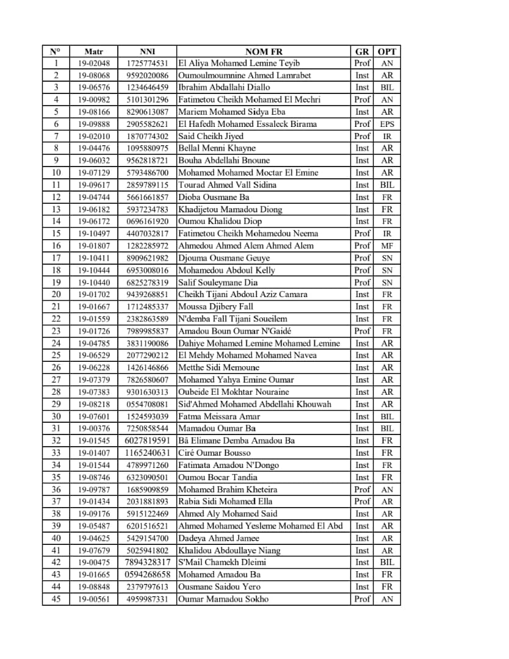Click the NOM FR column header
point(264,51)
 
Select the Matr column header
point(93,51)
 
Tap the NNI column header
point(147,51)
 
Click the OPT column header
point(387,51)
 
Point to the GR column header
point(362,51)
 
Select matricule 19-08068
point(93,75)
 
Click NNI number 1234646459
point(147,87)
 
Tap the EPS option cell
point(387,124)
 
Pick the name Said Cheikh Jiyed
point(211,136)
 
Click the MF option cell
point(387,246)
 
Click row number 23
point(56,331)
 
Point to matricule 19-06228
point(93,367)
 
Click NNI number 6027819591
point(147,441)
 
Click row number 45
point(56,599)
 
